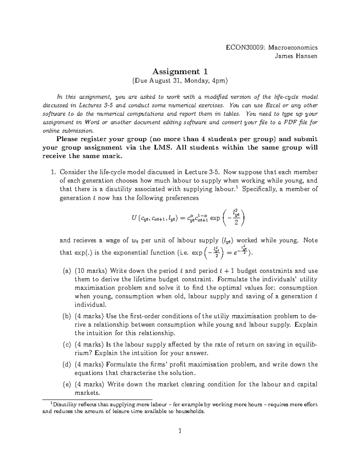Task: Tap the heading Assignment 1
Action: point(180,71)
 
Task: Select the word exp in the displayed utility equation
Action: point(215,218)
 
